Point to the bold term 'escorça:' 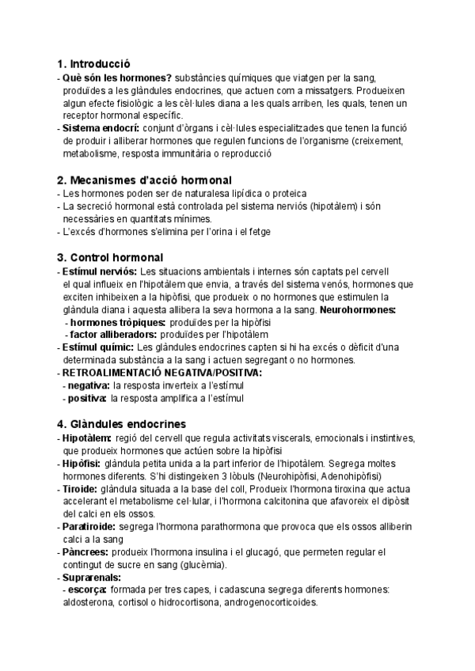click(89, 589)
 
